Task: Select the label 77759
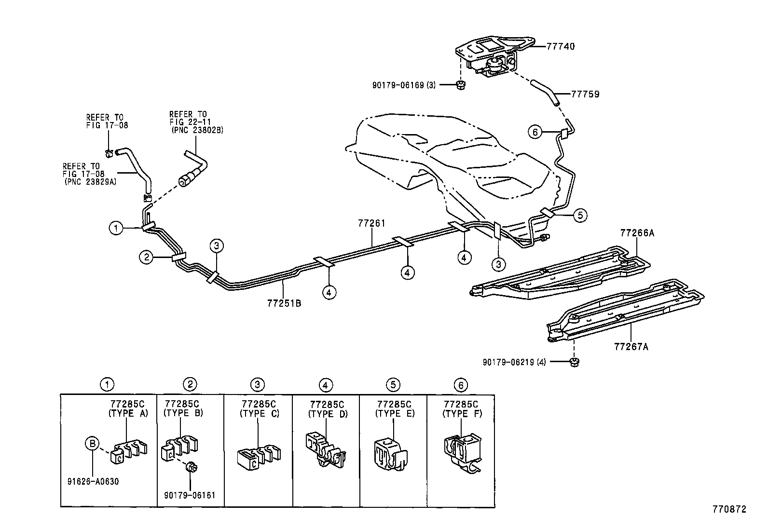point(585,94)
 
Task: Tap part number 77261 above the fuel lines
point(372,223)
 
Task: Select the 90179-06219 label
point(514,361)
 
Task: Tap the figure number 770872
point(729,509)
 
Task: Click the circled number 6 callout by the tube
point(535,131)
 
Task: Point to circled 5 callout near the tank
point(580,215)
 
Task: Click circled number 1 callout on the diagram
point(116,228)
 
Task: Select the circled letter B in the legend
point(92,443)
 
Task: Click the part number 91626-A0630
point(94,481)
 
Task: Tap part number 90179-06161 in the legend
point(190,495)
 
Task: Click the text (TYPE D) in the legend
point(328,413)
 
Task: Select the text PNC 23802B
point(197,130)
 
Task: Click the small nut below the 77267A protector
point(574,362)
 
